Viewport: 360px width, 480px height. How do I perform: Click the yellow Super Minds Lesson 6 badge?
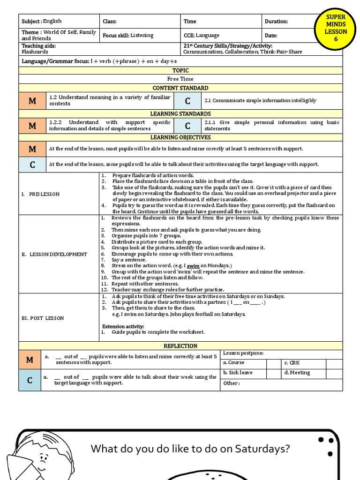(x=336, y=28)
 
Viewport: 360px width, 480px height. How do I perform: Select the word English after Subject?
(x=52, y=21)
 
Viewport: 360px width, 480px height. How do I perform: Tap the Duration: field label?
(x=276, y=22)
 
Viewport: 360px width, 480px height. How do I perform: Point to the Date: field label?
(x=271, y=36)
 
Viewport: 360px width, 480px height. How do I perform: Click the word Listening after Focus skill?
(x=142, y=36)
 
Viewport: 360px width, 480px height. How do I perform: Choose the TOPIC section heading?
(x=180, y=70)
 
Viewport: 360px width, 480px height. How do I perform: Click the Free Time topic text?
(x=180, y=79)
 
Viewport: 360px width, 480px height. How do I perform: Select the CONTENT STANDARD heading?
(x=180, y=88)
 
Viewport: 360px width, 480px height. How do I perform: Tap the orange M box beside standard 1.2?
(x=32, y=101)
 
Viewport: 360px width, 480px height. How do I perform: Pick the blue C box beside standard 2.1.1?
(x=187, y=126)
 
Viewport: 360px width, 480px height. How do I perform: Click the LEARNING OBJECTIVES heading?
(x=180, y=137)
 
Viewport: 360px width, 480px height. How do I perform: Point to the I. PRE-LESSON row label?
(x=41, y=194)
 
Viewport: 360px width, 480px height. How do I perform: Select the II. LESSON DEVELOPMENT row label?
(x=54, y=255)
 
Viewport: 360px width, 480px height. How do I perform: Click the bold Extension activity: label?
(x=123, y=326)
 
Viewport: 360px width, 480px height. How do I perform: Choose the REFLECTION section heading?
(x=180, y=346)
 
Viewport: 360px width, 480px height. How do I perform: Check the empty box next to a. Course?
(x=273, y=363)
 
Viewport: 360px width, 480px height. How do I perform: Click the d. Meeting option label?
(x=297, y=373)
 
